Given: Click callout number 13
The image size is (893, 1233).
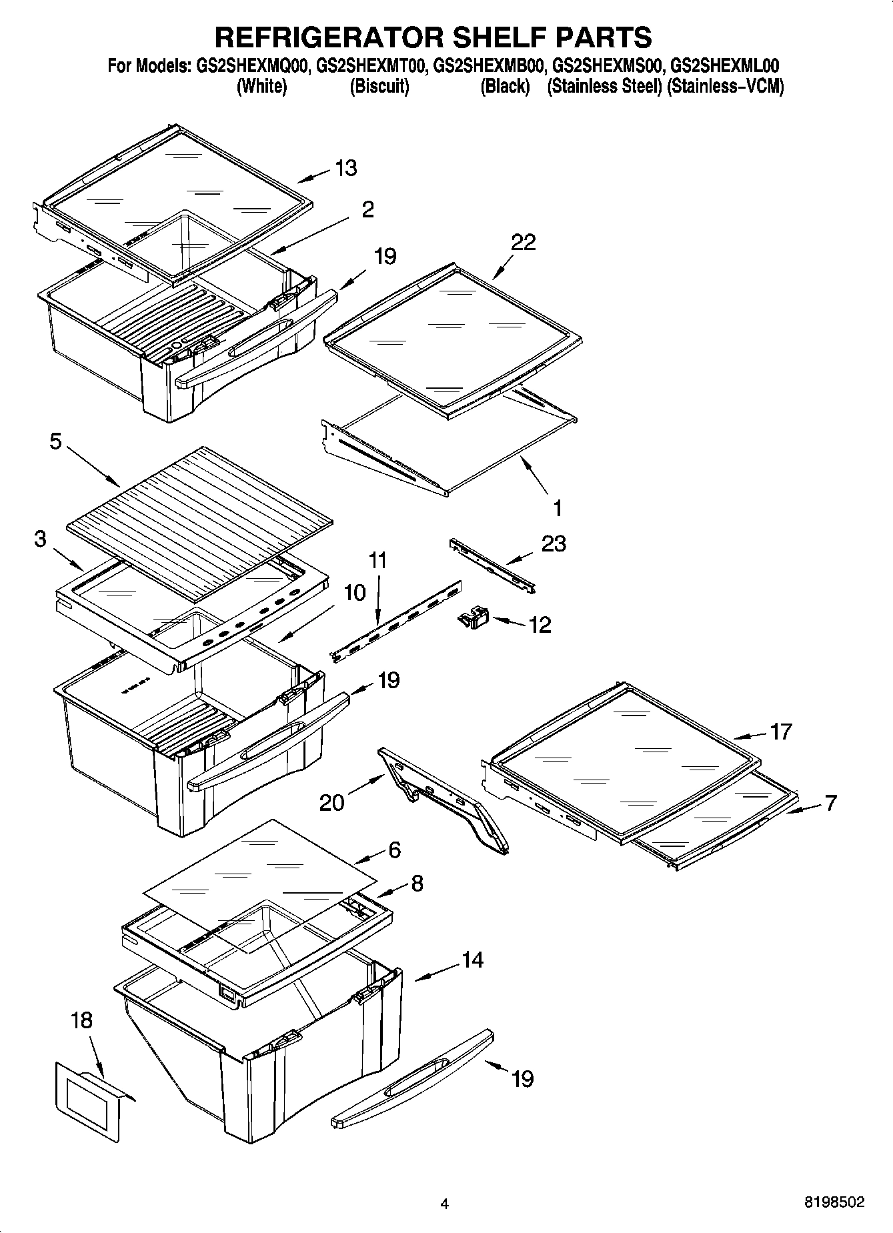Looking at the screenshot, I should pos(345,168).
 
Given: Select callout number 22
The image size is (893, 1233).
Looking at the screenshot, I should pos(524,242).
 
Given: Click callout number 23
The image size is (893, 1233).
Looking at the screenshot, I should pos(554,543).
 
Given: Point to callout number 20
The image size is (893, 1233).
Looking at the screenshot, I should pos(331,801).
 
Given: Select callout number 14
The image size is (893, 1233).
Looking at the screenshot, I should pos(472,960).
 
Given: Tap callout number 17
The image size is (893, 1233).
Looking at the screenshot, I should pos(780,732).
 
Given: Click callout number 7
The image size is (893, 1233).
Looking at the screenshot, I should pos(830,802).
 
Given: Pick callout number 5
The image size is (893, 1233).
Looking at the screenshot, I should pos(56,441).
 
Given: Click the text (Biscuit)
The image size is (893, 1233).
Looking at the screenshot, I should pos(379,86).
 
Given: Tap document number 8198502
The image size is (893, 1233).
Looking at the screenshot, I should pos(834,1202).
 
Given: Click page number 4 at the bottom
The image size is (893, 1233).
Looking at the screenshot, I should pos(445,1204).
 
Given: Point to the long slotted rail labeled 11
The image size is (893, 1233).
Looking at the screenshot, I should pos(397,621).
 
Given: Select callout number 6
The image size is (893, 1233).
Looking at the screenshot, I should pos(394,850).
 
